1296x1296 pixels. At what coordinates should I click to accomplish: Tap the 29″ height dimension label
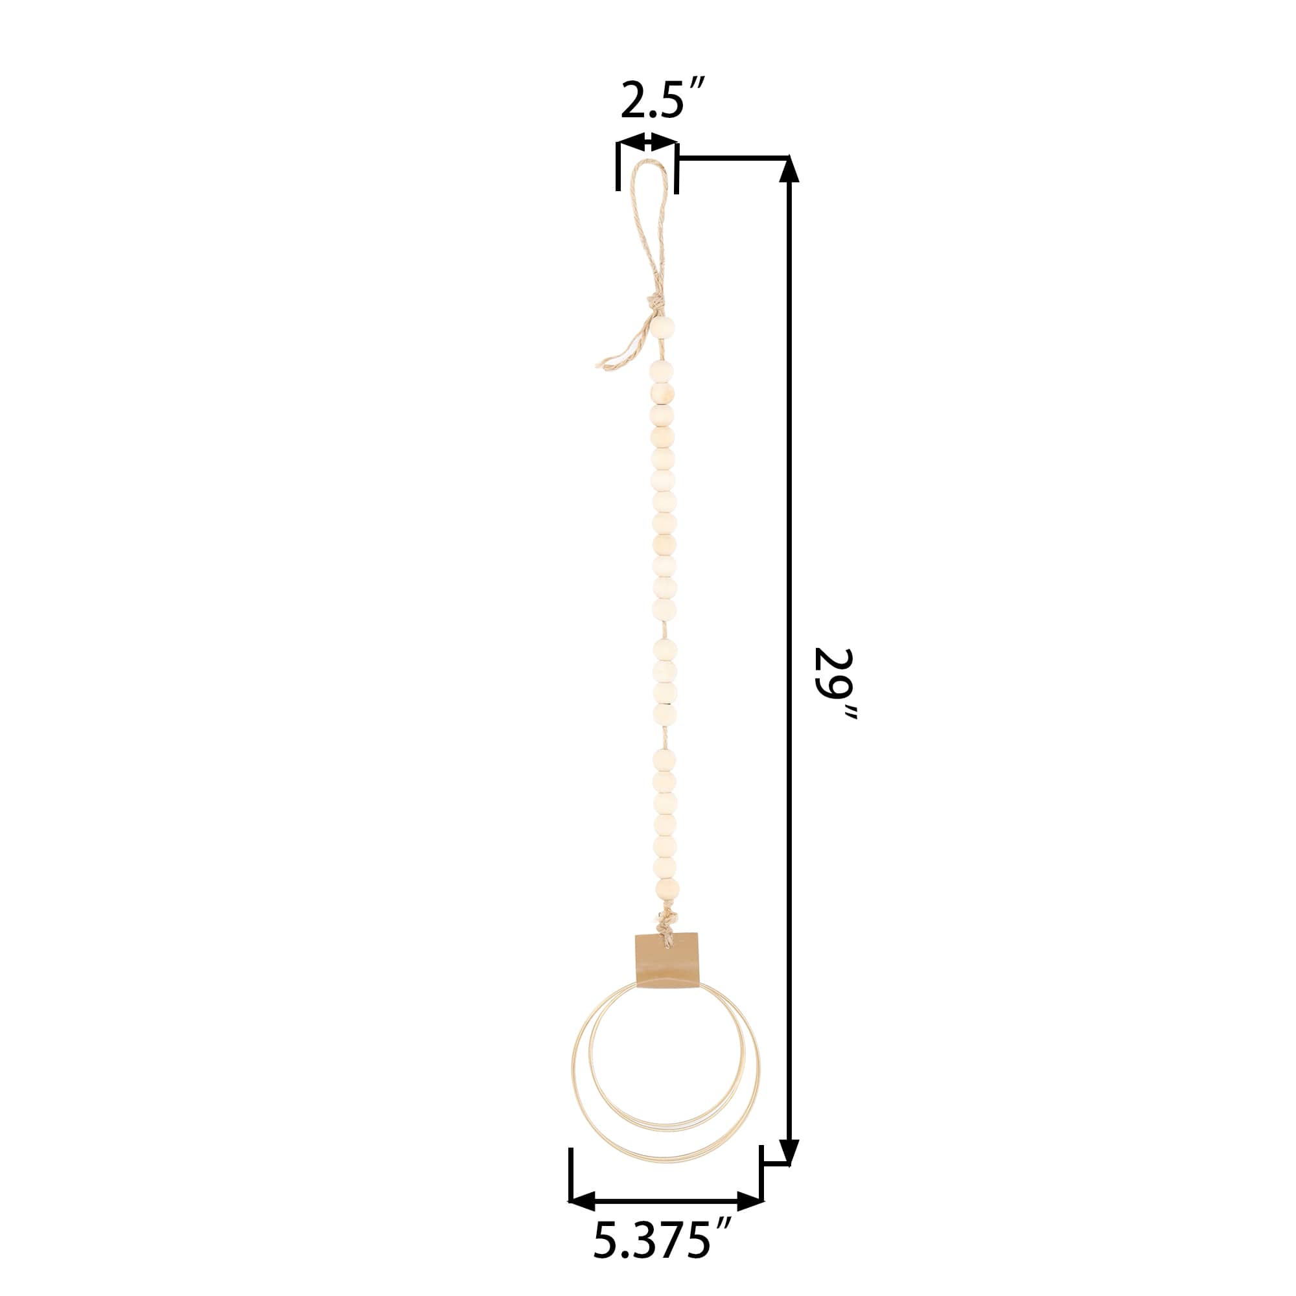[835, 684]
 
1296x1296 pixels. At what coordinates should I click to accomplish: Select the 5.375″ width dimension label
[662, 1259]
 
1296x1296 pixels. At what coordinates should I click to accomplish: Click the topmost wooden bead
[662, 328]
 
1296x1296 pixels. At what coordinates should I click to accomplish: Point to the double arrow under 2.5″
[647, 142]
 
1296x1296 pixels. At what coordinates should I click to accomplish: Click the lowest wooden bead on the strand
[667, 890]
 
